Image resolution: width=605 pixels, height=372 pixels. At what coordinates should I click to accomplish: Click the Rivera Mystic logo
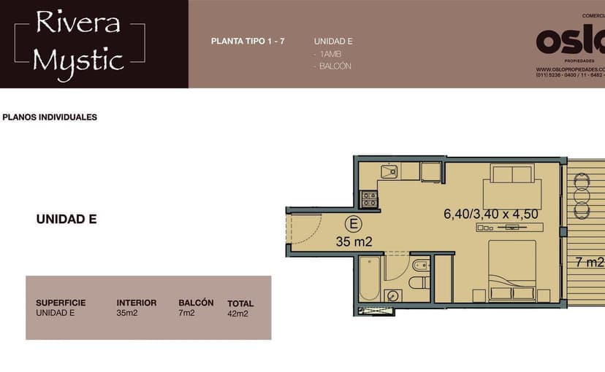(x=79, y=42)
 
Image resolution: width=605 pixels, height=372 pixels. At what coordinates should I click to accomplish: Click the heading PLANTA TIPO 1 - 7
(x=248, y=41)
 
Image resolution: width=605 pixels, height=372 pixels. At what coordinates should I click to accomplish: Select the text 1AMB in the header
(x=327, y=54)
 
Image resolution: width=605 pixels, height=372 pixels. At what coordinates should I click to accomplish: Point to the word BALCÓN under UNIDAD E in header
(x=333, y=66)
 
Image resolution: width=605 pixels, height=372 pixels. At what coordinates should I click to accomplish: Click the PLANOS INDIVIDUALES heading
(x=50, y=117)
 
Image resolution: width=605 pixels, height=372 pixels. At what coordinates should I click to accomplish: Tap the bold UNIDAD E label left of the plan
(x=66, y=219)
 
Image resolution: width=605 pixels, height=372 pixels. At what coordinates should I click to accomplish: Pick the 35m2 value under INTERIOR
(x=126, y=314)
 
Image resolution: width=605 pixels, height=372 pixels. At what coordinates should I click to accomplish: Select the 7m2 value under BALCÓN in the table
(x=186, y=314)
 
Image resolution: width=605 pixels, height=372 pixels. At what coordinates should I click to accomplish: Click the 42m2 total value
(x=238, y=314)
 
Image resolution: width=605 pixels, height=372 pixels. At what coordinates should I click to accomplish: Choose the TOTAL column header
(x=240, y=303)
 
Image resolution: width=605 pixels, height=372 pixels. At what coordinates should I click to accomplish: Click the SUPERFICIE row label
(x=61, y=303)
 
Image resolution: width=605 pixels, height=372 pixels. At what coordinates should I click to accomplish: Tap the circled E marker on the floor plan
(x=353, y=224)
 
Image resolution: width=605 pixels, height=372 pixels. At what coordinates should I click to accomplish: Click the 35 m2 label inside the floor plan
(x=354, y=241)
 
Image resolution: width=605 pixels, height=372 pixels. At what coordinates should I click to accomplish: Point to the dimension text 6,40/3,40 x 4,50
(x=490, y=214)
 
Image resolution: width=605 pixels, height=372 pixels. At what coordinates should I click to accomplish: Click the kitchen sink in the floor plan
(x=388, y=172)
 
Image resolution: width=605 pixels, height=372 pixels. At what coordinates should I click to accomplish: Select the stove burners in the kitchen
(x=369, y=198)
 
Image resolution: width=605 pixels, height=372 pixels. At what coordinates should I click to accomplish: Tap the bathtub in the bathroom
(x=369, y=277)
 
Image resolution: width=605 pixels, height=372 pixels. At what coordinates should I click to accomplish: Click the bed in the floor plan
(x=512, y=270)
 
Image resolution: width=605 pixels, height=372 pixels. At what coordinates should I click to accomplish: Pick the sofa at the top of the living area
(x=512, y=176)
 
